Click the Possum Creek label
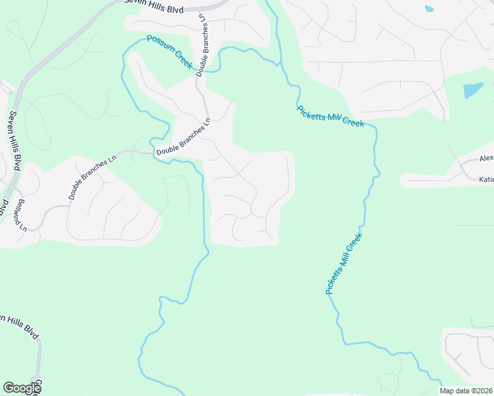[x=169, y=53]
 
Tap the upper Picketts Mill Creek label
[x=330, y=117]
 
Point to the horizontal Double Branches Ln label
[x=183, y=144]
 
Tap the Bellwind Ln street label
[x=21, y=215]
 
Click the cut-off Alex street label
[x=487, y=158]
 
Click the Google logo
[x=22, y=388]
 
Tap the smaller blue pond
[x=429, y=9]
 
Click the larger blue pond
[x=473, y=90]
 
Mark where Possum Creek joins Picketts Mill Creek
[x=278, y=63]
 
